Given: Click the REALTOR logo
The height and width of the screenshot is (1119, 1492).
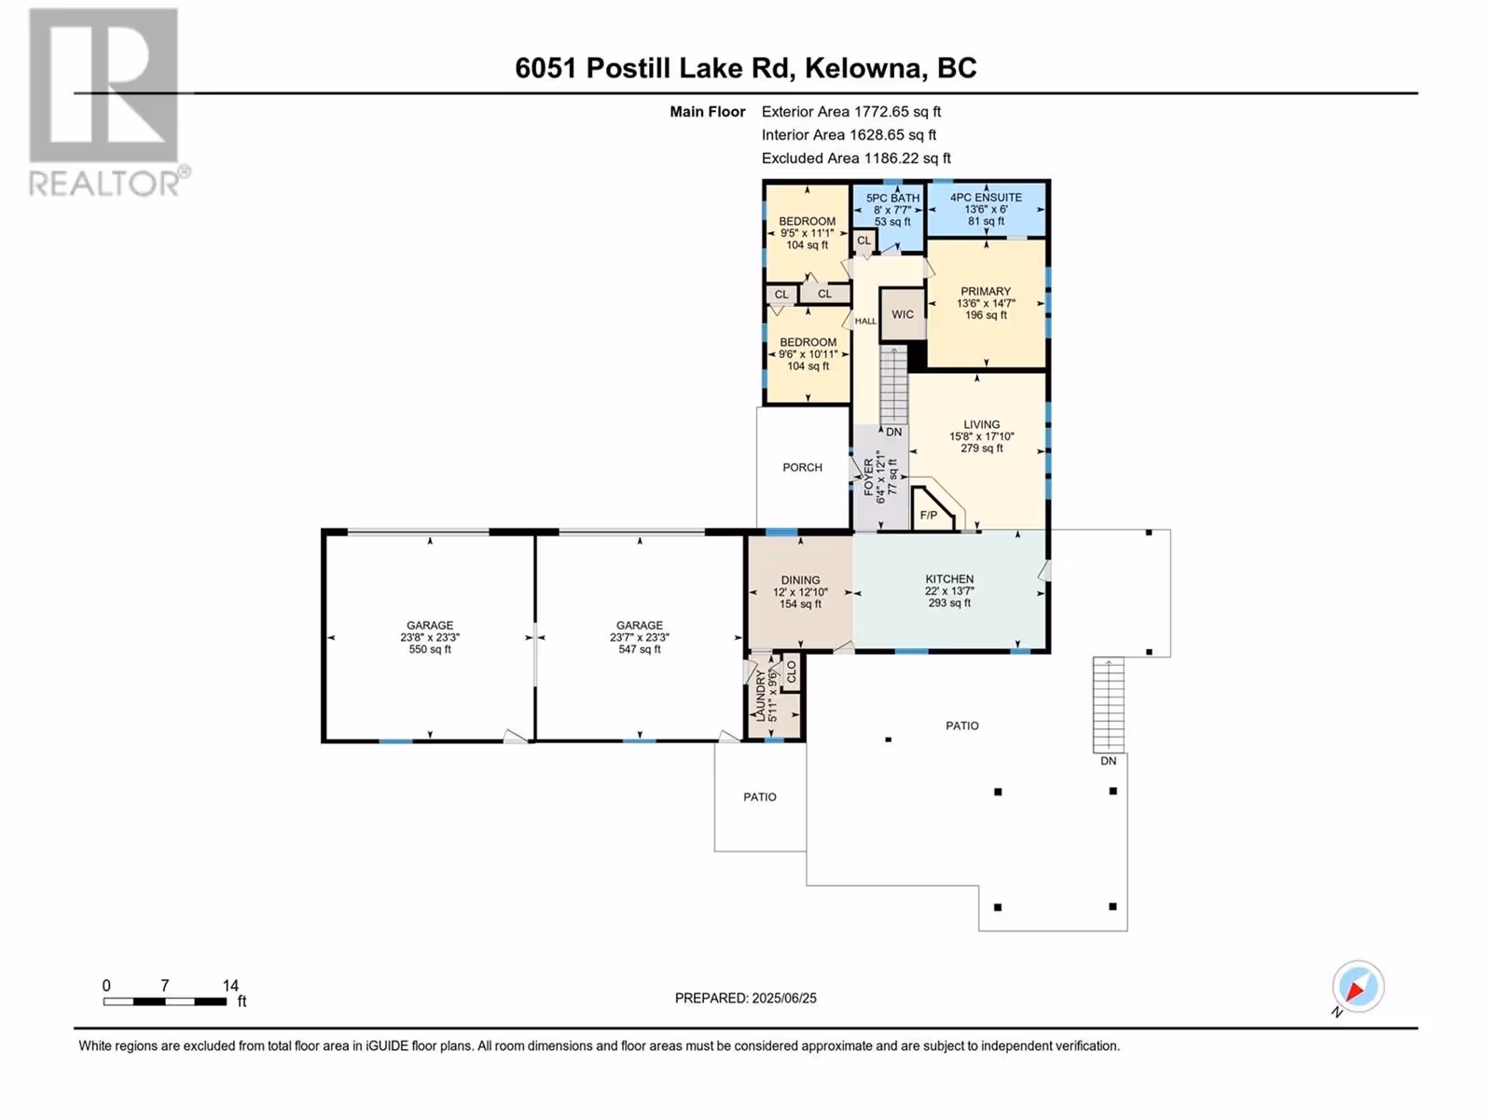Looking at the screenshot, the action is (x=109, y=102).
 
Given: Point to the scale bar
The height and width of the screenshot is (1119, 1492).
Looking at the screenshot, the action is (x=165, y=1001).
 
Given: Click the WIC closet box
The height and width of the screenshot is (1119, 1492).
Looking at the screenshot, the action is (x=903, y=314).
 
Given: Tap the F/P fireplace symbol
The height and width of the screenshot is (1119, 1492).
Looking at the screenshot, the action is (x=933, y=509).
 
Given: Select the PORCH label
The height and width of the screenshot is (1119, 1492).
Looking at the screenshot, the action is (x=802, y=467).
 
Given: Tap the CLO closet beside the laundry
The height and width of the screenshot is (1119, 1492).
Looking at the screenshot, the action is (x=791, y=672).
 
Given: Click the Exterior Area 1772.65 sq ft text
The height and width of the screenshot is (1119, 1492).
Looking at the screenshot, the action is (x=851, y=111).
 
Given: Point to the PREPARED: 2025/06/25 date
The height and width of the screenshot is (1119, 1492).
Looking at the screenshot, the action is (x=746, y=998).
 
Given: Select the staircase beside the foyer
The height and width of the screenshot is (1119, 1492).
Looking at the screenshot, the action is (x=894, y=386).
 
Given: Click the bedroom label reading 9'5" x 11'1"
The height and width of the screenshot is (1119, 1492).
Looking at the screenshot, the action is (x=807, y=233).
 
